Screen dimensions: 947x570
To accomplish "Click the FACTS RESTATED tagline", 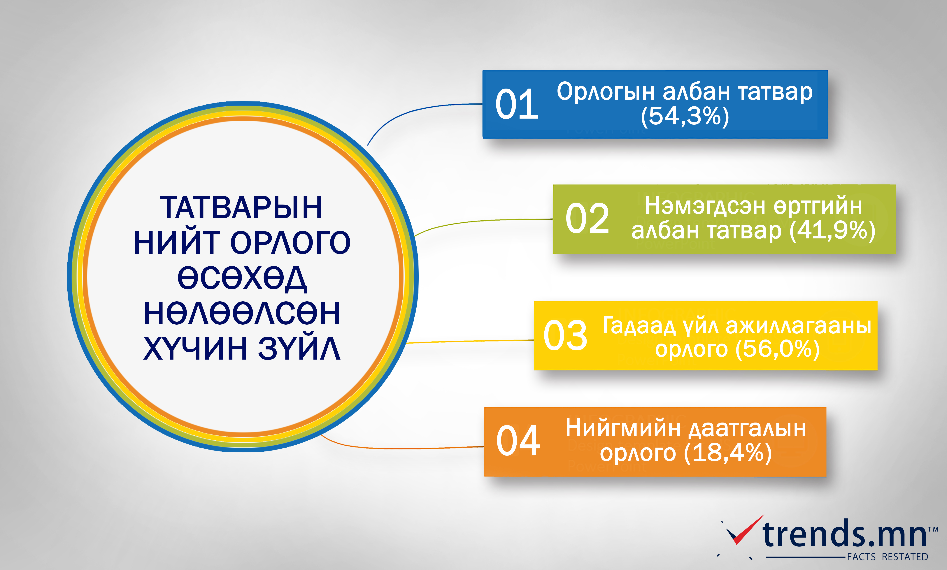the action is pos(888,557).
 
